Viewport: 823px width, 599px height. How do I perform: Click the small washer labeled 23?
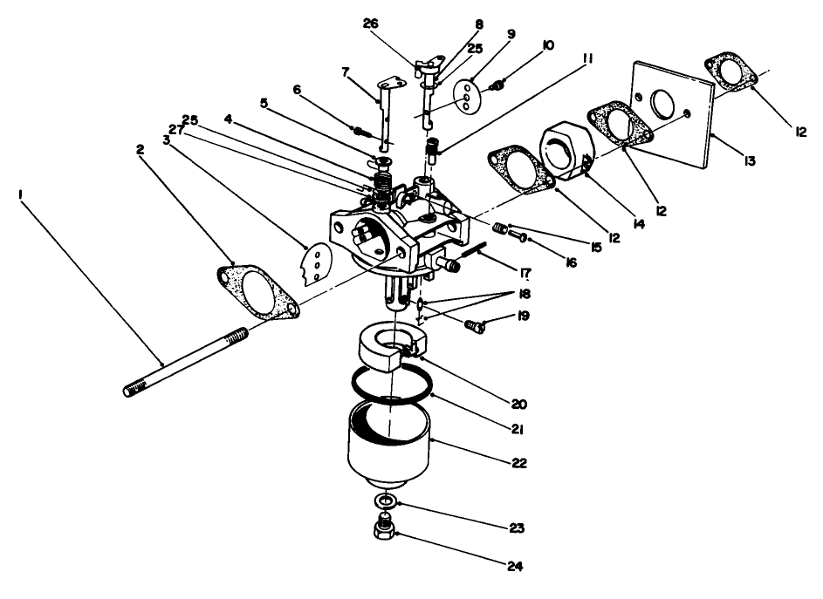point(384,502)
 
